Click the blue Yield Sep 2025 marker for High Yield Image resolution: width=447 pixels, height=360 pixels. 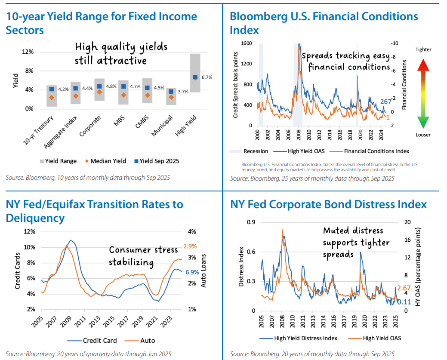(x=195, y=77)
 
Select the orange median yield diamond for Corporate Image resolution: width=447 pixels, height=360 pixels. (x=99, y=92)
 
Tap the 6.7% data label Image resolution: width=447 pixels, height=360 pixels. (x=207, y=77)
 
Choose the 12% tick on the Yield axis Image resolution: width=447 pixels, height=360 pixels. (x=28, y=52)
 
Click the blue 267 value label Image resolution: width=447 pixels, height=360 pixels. (x=386, y=102)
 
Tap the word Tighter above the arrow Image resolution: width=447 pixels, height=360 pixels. (x=423, y=49)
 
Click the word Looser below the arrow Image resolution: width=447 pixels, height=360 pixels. (x=423, y=135)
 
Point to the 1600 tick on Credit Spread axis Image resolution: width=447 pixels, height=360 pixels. (x=247, y=43)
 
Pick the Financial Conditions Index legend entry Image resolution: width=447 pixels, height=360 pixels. (x=376, y=151)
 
